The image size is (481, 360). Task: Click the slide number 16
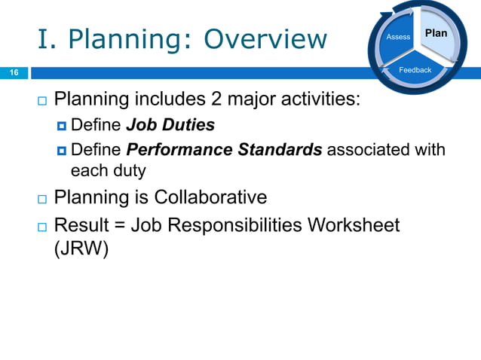pos(13,72)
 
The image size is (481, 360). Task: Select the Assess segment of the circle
pos(398,37)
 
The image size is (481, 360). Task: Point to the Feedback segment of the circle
pos(415,70)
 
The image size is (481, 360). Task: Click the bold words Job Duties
pos(170,124)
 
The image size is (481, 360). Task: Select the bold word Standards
pos(280,149)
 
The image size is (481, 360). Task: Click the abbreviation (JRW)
pos(81,248)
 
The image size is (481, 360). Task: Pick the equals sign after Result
pos(115,224)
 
